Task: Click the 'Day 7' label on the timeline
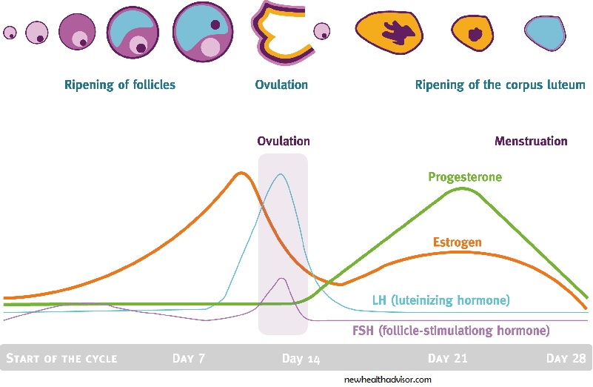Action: click(189, 359)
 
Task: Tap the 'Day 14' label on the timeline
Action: click(301, 359)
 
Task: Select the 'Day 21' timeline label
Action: click(448, 359)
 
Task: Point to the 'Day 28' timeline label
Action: click(567, 359)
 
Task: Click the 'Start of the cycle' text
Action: click(61, 359)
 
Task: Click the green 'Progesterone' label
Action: click(465, 177)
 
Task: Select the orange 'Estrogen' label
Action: click(457, 242)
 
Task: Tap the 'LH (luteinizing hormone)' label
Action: click(441, 300)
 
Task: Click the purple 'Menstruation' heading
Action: click(531, 141)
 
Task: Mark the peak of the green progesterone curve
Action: click(462, 188)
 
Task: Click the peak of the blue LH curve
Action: click(280, 175)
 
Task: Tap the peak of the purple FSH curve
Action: click(281, 279)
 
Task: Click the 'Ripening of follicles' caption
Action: click(120, 85)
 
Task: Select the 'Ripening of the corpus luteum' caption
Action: click(500, 85)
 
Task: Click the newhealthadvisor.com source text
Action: click(388, 379)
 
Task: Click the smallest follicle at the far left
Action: click(10, 33)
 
